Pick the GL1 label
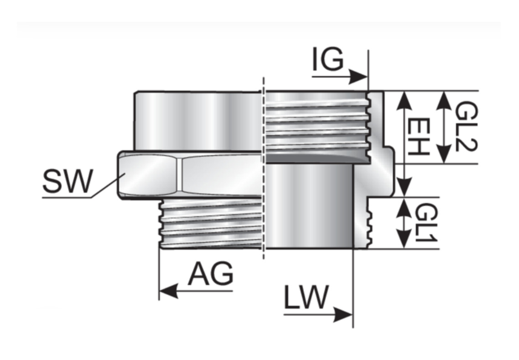pos(426,223)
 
